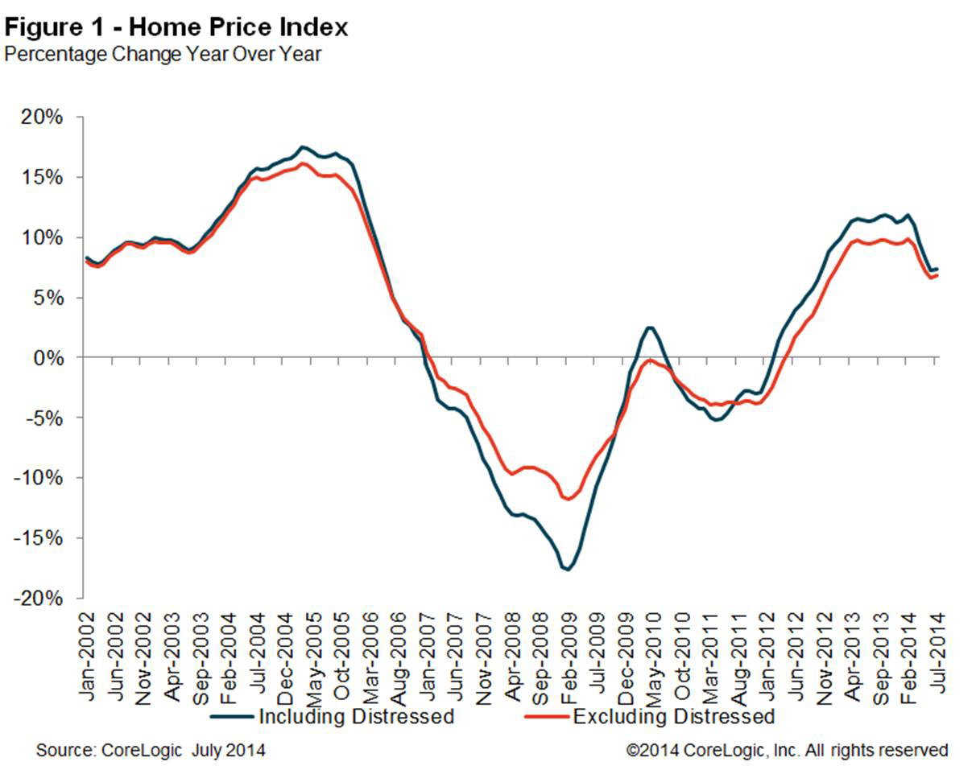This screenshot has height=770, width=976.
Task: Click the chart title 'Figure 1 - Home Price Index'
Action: [176, 27]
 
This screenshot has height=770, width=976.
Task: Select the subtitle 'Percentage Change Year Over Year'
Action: [163, 55]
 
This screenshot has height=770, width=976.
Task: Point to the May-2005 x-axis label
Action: [311, 654]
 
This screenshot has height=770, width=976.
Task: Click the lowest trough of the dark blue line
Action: [567, 570]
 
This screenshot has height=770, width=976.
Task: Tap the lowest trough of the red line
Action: [569, 499]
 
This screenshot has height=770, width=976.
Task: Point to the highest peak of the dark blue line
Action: [302, 147]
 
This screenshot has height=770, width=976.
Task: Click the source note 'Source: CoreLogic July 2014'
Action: [151, 751]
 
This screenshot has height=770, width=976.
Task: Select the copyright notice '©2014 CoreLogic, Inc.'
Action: [787, 751]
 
